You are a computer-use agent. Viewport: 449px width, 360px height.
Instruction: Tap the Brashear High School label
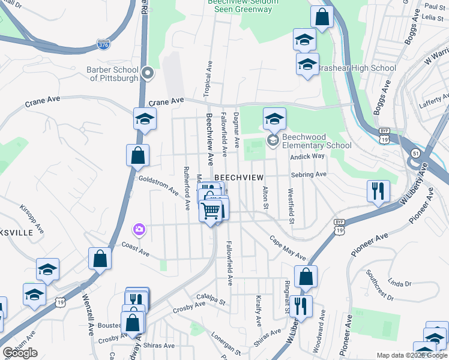[357, 68]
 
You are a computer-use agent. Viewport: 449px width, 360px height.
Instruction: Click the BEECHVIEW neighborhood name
[239, 178]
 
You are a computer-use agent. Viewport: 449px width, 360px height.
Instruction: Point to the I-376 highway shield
[103, 44]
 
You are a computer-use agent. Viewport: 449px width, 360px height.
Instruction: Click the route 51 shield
[415, 154]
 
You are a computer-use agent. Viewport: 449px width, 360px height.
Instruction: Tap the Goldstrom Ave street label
[158, 185]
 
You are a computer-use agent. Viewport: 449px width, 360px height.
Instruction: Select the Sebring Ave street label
[308, 174]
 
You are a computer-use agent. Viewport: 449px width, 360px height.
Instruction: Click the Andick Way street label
[307, 156]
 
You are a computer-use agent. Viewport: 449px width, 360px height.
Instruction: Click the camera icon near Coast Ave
[139, 229]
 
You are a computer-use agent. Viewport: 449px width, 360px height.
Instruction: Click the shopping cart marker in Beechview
[211, 211]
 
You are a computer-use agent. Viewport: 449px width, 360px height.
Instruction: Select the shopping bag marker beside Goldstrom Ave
[138, 155]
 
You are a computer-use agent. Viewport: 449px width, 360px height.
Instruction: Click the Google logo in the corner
[20, 353]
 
